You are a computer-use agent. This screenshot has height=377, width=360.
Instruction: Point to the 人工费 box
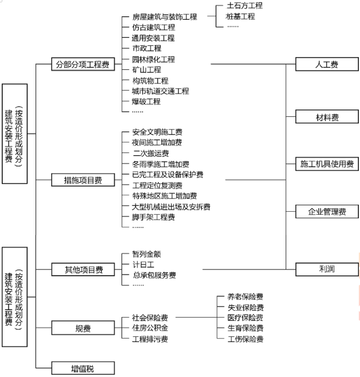[x=326, y=64]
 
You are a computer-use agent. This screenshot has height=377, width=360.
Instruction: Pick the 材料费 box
[x=326, y=117]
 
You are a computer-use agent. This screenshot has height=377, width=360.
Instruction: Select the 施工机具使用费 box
[x=326, y=164]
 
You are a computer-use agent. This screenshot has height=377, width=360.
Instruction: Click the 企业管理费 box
[x=326, y=212]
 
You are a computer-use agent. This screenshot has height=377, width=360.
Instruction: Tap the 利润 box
[x=326, y=269]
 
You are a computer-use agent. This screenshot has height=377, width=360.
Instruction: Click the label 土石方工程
[x=244, y=6]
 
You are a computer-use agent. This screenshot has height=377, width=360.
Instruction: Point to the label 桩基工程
[x=240, y=16]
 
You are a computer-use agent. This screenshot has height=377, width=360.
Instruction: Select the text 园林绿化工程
[x=153, y=59]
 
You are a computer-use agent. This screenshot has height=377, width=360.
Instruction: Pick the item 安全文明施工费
[x=157, y=132]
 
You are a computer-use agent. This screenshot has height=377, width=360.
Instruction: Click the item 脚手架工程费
[x=153, y=217]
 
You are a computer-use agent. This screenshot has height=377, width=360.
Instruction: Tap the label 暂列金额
[x=146, y=254]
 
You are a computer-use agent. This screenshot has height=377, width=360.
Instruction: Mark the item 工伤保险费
[x=245, y=339]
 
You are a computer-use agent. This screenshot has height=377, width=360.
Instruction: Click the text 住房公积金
[x=149, y=329]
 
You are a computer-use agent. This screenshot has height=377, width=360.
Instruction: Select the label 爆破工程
[x=146, y=101]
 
